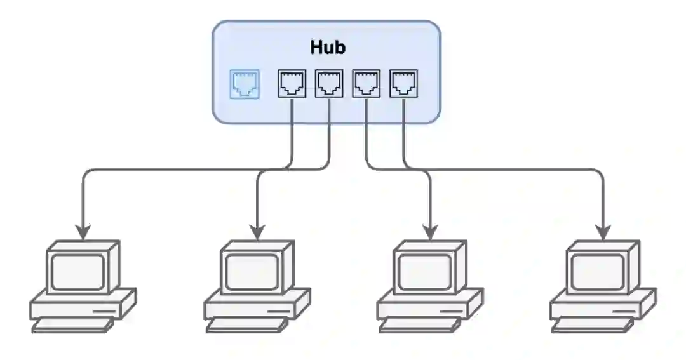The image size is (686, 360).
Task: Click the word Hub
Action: [328, 47]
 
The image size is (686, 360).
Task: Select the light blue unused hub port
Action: [245, 84]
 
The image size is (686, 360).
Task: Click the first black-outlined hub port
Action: [292, 83]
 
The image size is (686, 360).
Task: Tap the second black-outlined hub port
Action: [329, 83]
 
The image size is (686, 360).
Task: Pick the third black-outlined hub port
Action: [367, 83]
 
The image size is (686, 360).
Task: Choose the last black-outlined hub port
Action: [404, 83]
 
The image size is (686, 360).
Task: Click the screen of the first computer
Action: [77, 271]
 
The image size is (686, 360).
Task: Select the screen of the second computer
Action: [252, 271]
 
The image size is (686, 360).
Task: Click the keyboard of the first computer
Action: [72, 326]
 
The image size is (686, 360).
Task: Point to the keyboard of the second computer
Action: [246, 326]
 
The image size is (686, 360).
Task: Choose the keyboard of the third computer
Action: [420, 326]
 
